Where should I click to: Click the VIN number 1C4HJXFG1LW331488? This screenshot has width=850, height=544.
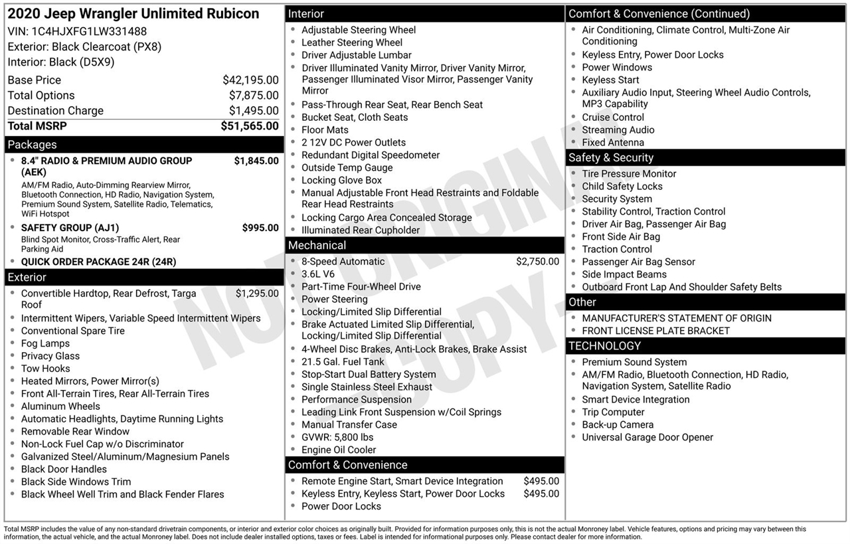(x=89, y=31)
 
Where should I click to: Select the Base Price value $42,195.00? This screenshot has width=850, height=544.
(x=250, y=80)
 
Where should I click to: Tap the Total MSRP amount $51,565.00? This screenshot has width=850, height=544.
(x=250, y=126)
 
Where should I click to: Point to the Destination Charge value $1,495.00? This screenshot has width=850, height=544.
(x=254, y=111)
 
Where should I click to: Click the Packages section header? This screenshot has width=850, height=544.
(x=32, y=145)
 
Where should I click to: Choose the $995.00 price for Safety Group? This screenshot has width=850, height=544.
(x=260, y=228)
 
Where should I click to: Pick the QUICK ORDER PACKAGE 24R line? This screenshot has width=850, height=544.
(x=98, y=262)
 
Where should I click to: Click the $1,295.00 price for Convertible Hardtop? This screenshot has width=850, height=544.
(x=257, y=294)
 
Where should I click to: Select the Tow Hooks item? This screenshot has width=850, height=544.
(x=45, y=369)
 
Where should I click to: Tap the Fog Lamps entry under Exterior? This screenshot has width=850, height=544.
(x=45, y=343)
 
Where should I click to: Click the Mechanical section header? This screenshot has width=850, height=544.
(x=317, y=246)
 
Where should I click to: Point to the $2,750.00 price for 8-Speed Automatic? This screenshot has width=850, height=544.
(x=537, y=262)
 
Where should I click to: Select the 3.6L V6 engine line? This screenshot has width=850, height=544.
(x=317, y=274)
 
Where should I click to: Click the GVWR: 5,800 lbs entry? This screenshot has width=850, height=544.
(x=337, y=437)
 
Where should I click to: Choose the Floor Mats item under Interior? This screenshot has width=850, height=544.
(x=325, y=130)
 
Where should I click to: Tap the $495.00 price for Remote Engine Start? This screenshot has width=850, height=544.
(x=541, y=482)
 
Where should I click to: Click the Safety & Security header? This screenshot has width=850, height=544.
(x=610, y=158)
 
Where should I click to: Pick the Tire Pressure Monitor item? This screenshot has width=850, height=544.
(x=629, y=174)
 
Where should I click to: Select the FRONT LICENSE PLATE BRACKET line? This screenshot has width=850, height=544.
(x=655, y=331)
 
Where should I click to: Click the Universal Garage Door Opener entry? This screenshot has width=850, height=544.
(x=647, y=438)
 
